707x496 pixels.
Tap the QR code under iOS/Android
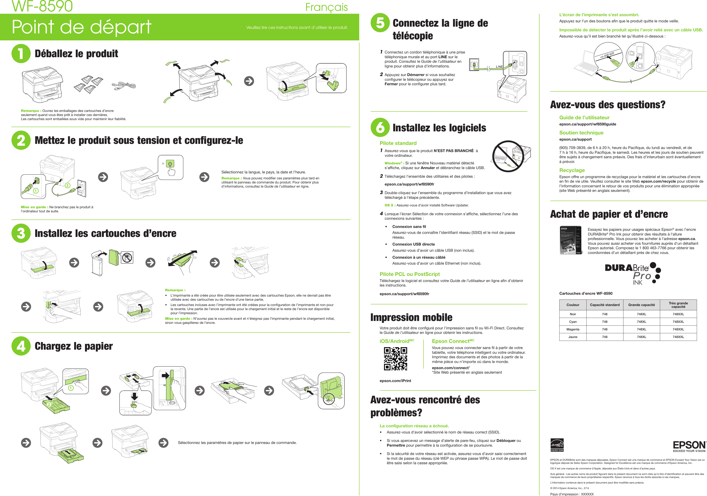coord(395,359)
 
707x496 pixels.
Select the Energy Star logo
coord(557,445)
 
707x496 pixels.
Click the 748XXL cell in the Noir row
coord(678,314)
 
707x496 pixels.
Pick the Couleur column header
coord(573,305)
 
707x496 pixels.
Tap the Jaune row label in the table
coord(573,337)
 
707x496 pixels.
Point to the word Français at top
coord(326,7)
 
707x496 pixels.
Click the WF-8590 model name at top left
coord(42,6)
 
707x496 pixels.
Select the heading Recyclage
coord(572,170)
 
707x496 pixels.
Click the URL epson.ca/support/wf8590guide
coord(588,124)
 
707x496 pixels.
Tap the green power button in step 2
coord(170,164)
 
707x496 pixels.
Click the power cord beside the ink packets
coord(123,86)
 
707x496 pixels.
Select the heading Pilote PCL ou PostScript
coord(410,274)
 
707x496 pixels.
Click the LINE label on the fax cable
coord(499,67)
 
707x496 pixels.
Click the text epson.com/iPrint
coord(395,381)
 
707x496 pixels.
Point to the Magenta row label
coord(573,329)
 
